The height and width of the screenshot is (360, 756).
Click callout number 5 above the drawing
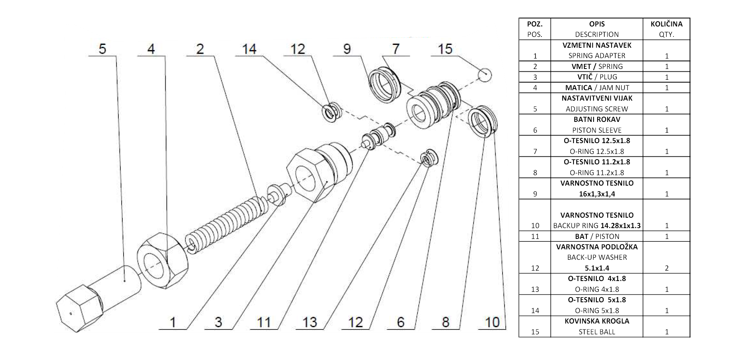103,49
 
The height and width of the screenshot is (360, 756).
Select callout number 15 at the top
445,49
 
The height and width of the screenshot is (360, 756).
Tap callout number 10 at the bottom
493,322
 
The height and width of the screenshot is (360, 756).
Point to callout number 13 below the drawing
310,322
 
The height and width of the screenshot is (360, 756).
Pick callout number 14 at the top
249,49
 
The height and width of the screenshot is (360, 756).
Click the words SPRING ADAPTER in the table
597,56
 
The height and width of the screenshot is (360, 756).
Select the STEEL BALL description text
597,332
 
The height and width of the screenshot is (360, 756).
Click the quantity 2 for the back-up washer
667,268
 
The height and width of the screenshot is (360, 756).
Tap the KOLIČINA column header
667,24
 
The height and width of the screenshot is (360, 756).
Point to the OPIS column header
597,24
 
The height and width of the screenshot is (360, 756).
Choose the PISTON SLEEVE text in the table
597,130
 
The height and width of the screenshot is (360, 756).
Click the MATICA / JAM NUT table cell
597,87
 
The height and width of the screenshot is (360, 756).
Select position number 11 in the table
535,236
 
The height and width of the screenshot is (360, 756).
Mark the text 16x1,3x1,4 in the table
597,194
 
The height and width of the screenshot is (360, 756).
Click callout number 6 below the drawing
401,322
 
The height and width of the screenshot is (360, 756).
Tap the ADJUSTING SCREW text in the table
597,109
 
